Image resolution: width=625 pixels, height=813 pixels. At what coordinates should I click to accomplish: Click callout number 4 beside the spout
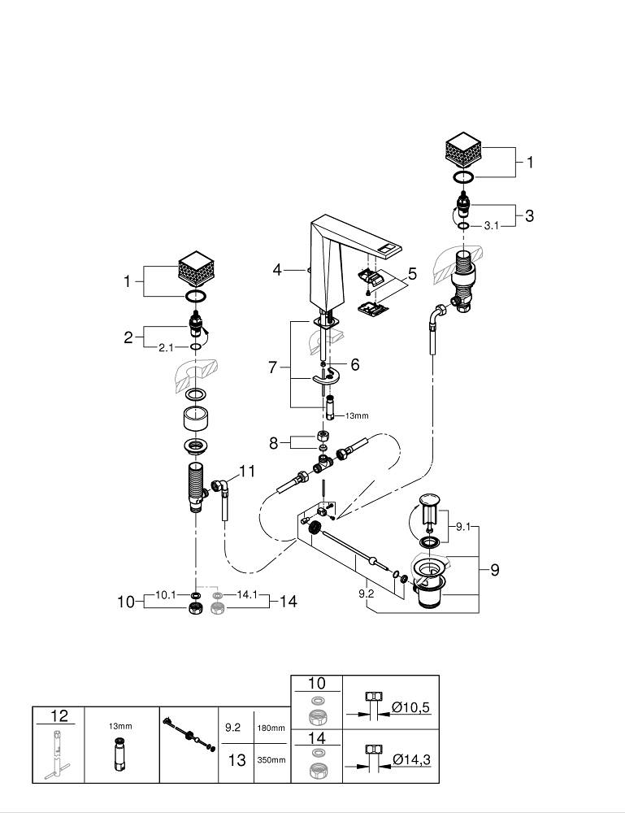(278, 268)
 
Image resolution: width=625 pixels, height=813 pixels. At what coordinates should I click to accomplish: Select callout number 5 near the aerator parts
(412, 275)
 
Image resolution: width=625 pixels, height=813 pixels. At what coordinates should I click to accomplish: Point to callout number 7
(272, 367)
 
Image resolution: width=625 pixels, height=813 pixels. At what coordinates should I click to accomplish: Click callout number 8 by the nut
(275, 443)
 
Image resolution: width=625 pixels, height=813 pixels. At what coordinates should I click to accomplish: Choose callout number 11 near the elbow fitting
(247, 471)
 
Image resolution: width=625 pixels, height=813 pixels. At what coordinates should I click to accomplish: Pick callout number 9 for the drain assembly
(494, 570)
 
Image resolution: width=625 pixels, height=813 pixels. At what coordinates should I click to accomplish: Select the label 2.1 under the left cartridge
(166, 347)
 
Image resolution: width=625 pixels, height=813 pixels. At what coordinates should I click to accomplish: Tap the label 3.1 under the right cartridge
(490, 226)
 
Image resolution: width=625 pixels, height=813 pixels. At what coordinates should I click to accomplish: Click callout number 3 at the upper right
(529, 216)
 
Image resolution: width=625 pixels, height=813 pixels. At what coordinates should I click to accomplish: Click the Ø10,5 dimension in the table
(410, 708)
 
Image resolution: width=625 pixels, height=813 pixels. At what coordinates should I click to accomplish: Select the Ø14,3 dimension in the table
(410, 759)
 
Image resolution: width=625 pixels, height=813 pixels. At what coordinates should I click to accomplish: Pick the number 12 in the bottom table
(59, 716)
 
